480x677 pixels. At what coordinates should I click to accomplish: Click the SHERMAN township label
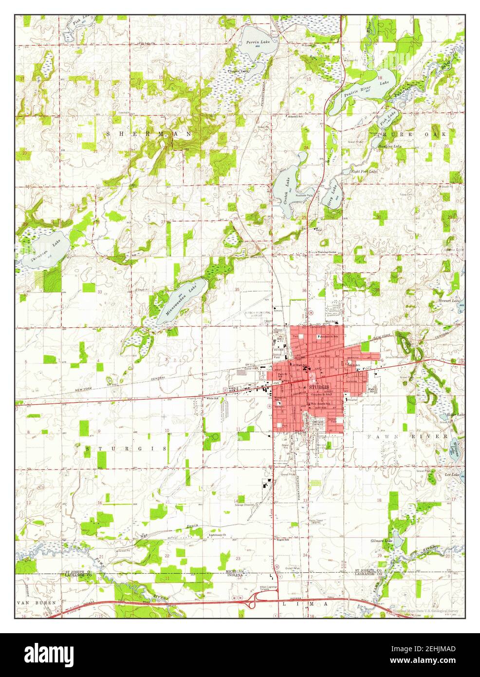click(x=149, y=133)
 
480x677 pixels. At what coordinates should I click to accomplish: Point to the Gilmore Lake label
click(x=381, y=541)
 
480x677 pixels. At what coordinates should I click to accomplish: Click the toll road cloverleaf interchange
click(x=253, y=603)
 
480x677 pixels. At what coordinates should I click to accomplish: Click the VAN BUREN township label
click(x=37, y=602)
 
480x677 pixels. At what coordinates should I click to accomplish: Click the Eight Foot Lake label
click(x=364, y=171)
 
